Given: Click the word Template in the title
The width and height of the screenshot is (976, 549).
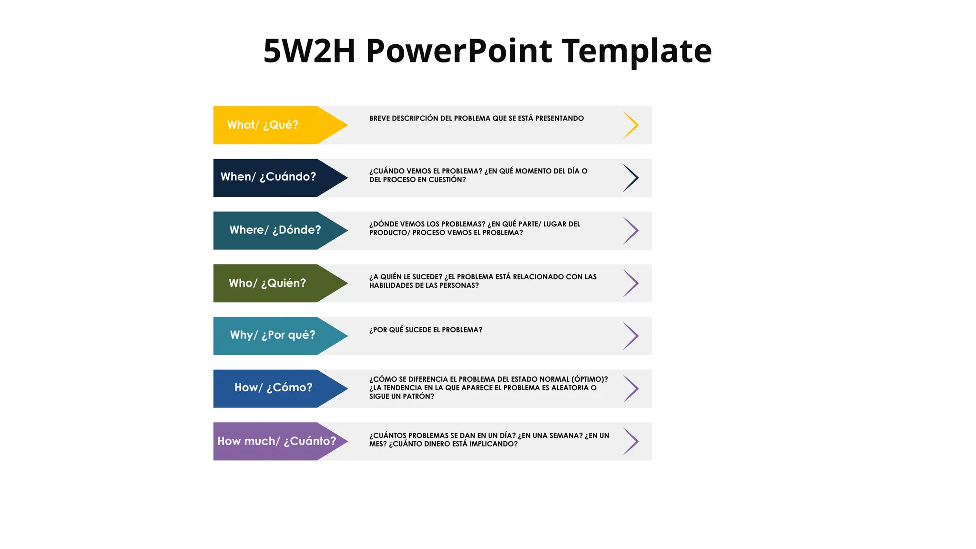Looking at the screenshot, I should (x=637, y=51).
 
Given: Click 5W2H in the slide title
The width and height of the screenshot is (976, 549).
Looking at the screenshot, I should (x=309, y=51).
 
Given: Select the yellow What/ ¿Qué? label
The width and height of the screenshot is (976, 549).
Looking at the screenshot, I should (x=263, y=125).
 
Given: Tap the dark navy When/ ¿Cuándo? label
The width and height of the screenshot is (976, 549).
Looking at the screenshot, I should (x=268, y=177).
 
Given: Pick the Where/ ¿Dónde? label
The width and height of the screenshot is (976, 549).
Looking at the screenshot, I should (x=275, y=230).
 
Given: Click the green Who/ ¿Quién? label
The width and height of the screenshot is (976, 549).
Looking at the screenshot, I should (x=267, y=283).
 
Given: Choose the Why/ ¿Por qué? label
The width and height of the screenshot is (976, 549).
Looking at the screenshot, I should (x=273, y=335).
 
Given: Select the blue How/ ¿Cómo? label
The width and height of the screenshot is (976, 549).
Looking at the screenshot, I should (x=273, y=387).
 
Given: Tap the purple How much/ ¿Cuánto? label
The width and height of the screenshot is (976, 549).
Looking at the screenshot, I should (x=276, y=441).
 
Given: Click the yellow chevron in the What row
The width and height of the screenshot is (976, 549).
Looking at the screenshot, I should (x=631, y=125).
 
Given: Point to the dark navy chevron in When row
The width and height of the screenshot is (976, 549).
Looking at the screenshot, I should (x=631, y=178).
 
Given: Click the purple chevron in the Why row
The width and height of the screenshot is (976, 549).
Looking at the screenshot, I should (x=631, y=336).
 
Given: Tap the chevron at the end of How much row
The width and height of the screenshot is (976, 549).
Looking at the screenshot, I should (x=631, y=441).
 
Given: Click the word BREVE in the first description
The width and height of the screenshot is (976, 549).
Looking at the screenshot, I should (x=379, y=118).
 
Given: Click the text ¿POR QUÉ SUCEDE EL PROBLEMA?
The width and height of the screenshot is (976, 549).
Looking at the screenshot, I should (x=426, y=330).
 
